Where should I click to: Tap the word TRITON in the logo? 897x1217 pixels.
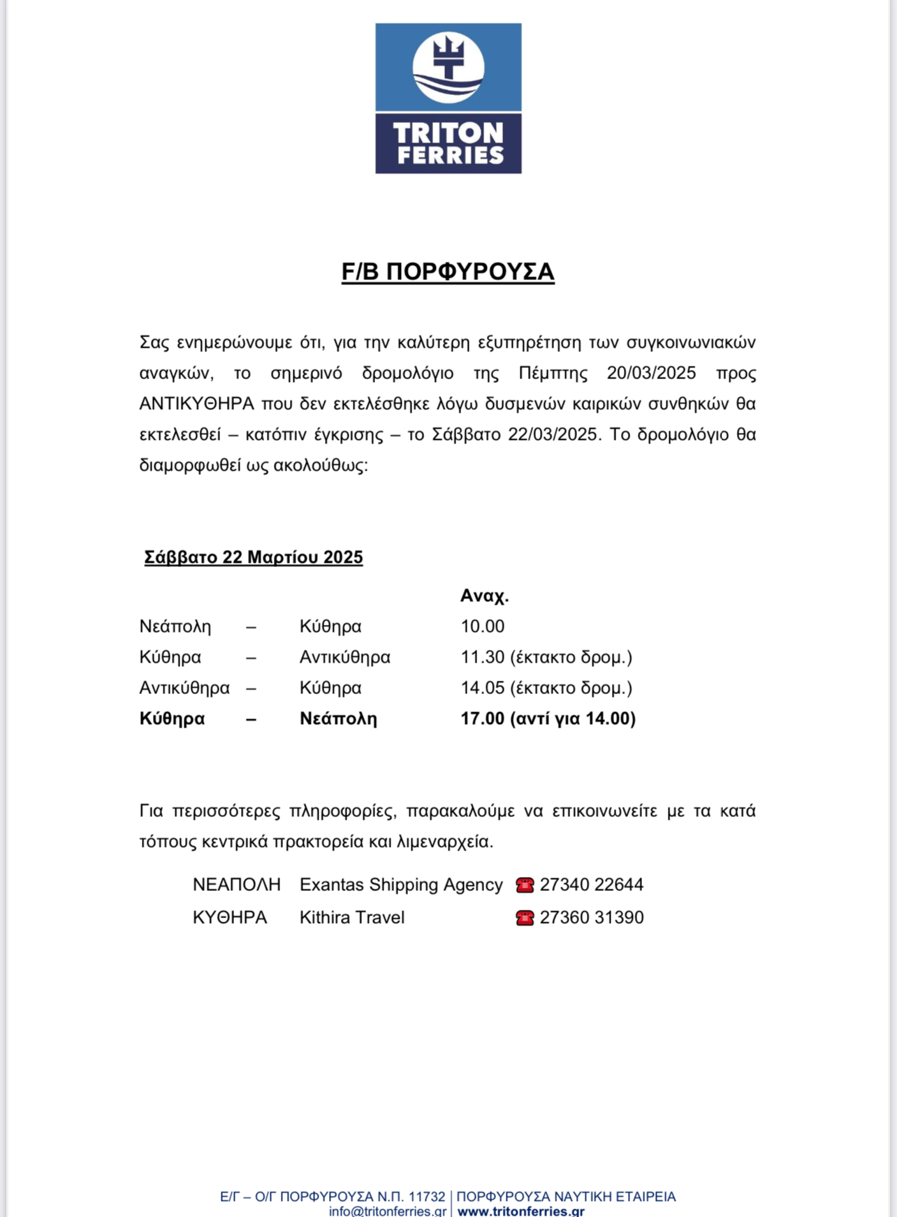click(448, 133)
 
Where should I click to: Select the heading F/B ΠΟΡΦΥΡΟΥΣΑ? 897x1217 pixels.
click(448, 272)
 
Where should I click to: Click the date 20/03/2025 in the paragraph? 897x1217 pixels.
click(651, 373)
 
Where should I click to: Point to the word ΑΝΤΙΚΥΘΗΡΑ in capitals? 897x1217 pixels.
click(196, 404)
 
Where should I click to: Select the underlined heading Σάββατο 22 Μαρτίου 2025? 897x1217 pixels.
click(254, 557)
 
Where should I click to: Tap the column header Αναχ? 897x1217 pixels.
click(484, 596)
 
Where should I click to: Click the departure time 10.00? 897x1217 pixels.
click(482, 626)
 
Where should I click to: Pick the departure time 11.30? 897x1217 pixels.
click(482, 657)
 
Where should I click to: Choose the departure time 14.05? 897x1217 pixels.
click(482, 688)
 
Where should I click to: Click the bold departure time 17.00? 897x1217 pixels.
click(482, 718)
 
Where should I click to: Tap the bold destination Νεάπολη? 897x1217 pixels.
click(338, 718)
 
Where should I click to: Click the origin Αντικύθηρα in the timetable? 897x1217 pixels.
click(184, 688)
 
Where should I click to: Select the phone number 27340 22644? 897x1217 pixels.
click(592, 885)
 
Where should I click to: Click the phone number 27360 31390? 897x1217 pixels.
click(592, 917)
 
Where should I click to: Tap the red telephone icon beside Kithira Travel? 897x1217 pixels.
click(525, 917)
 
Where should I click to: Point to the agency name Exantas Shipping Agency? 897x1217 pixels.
click(401, 885)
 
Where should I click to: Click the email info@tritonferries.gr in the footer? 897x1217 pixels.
click(388, 1211)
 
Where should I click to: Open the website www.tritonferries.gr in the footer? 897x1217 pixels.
click(520, 1211)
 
